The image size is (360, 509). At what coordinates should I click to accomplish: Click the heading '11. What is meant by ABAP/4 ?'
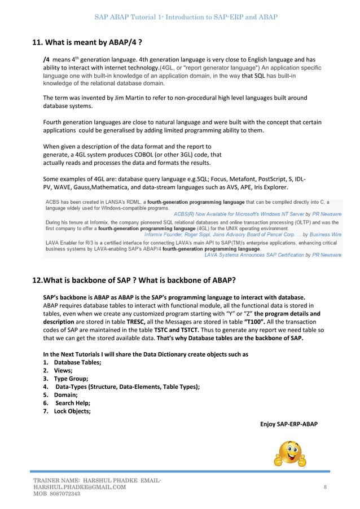(84, 42)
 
